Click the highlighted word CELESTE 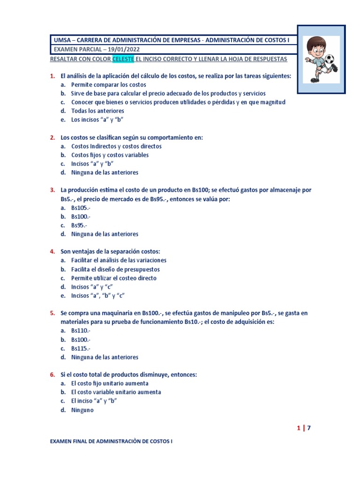[x=123, y=59]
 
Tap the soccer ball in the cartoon [x=330, y=60]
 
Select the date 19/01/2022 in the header [x=122, y=50]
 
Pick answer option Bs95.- [x=79, y=225]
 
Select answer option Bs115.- [x=81, y=348]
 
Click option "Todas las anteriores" [x=97, y=111]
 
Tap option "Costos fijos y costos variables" [x=110, y=155]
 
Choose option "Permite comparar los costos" [x=108, y=85]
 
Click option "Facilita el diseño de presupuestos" [x=115, y=270]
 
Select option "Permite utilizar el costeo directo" [x=114, y=278]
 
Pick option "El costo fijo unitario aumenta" [x=110, y=383]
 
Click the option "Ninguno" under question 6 [x=82, y=410]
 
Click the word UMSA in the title [x=62, y=40]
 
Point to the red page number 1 [x=298, y=427]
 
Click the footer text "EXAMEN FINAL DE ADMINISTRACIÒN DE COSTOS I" [x=111, y=442]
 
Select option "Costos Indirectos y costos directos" [x=116, y=146]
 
